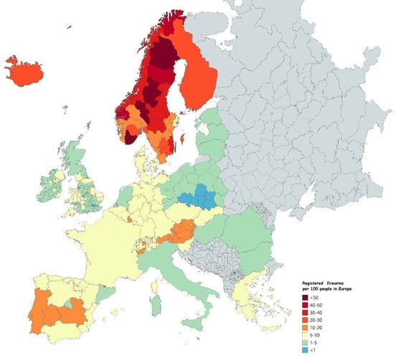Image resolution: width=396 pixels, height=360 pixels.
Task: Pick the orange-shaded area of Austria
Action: point(179,231)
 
